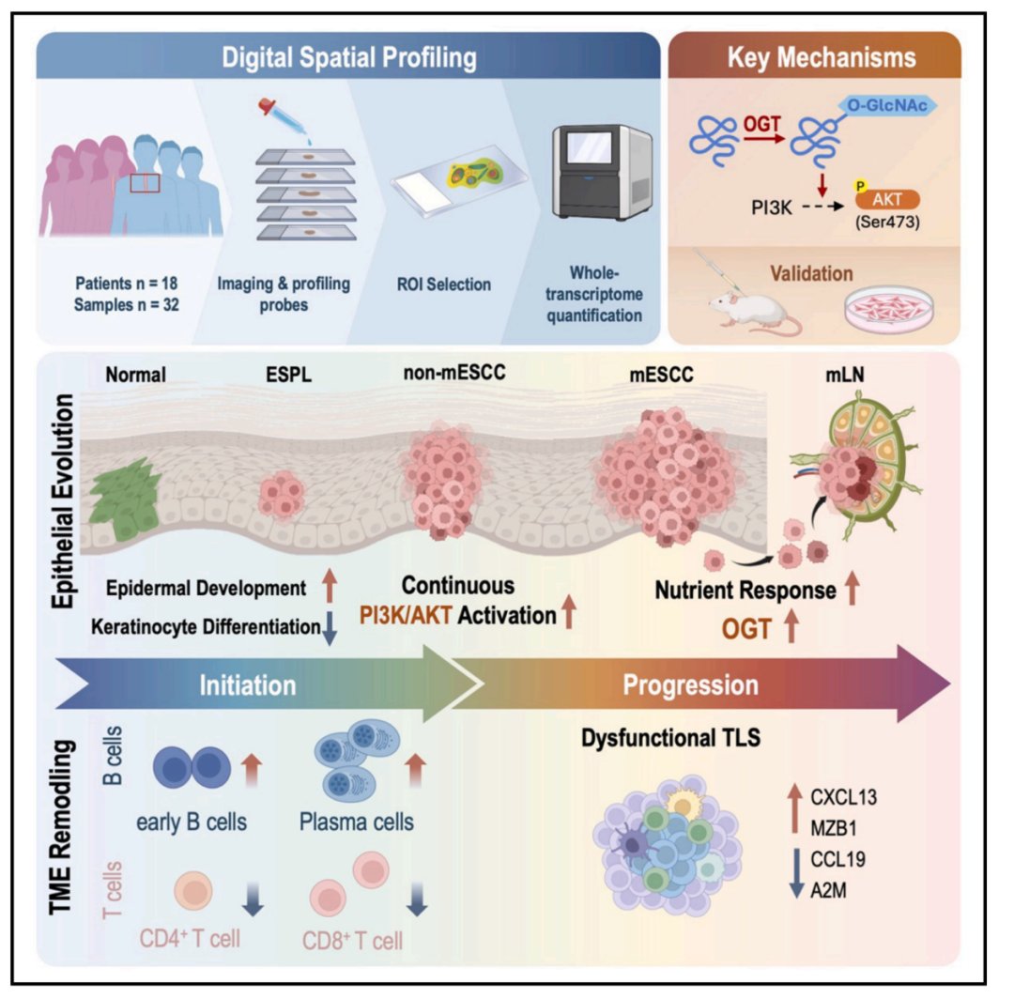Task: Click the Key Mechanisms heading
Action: coord(822,58)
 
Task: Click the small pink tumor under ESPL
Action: coord(282,492)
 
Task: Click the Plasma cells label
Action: coord(356,823)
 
